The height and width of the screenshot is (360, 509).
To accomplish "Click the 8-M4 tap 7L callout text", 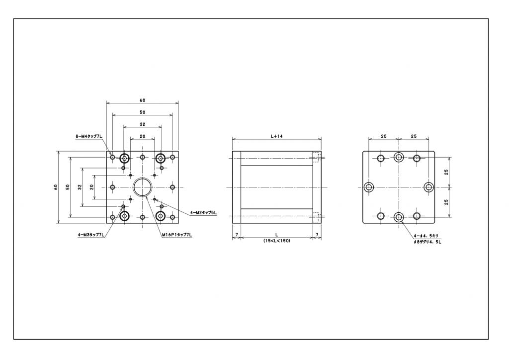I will click(89, 135).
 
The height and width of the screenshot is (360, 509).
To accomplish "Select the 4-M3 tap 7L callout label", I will click(91, 234).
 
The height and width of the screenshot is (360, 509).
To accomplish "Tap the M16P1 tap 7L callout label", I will click(176, 234).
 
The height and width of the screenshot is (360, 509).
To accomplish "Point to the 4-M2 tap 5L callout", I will click(203, 212).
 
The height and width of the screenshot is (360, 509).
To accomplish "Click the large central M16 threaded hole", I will click(143, 187).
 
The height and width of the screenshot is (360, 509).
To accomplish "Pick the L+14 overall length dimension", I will click(276, 135).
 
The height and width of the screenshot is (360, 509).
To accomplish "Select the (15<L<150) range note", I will click(277, 241).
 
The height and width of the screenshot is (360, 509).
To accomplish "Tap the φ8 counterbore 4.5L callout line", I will click(427, 242).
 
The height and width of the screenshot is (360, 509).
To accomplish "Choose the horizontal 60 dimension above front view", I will click(143, 100).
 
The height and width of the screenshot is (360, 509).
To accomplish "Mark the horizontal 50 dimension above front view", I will click(143, 112).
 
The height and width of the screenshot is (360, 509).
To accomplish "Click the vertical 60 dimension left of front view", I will click(56, 187).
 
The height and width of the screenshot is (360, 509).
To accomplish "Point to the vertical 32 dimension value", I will click(80, 187).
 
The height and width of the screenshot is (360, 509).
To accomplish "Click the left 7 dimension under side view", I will click(237, 234).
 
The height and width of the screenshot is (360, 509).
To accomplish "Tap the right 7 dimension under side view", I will click(317, 234).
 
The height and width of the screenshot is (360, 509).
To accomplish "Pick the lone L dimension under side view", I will click(276, 234).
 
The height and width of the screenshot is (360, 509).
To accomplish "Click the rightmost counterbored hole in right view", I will click(429, 187).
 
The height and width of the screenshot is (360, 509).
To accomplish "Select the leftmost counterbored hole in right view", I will click(369, 187).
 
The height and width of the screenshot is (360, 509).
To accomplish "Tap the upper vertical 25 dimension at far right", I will click(446, 172).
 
